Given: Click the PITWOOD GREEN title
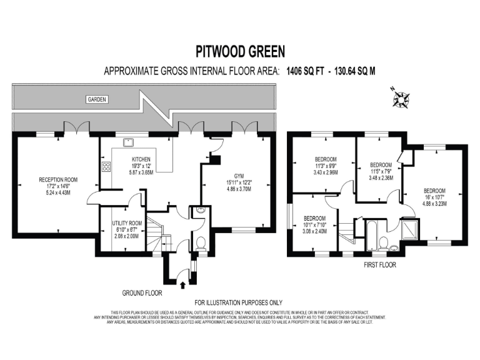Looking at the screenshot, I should (240, 51).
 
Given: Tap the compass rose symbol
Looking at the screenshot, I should (400, 97).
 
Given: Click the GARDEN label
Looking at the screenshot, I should (97, 99).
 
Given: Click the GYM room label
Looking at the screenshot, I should (239, 176).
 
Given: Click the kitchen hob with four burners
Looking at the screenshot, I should (106, 167).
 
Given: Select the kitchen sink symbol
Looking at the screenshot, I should (130, 142).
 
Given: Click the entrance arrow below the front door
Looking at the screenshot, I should (182, 285).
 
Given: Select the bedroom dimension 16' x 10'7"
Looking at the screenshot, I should (434, 197).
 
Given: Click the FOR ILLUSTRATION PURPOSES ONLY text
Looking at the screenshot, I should (240, 303).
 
